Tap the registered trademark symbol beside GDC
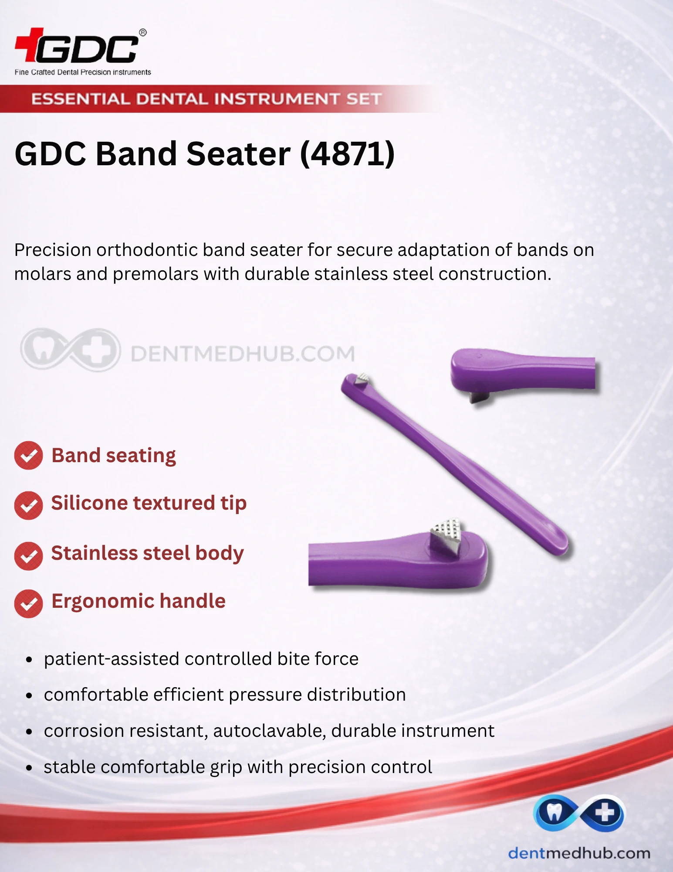point(143,33)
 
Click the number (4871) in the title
point(348,154)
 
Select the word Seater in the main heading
point(238,154)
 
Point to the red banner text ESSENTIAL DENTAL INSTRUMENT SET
point(206,99)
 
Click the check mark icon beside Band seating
point(28,456)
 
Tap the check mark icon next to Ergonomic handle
point(28,604)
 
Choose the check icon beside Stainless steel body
point(28,556)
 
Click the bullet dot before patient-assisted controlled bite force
point(29,660)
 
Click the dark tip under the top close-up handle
point(479,397)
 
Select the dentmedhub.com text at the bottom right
point(579,853)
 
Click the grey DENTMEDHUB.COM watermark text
point(243,354)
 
